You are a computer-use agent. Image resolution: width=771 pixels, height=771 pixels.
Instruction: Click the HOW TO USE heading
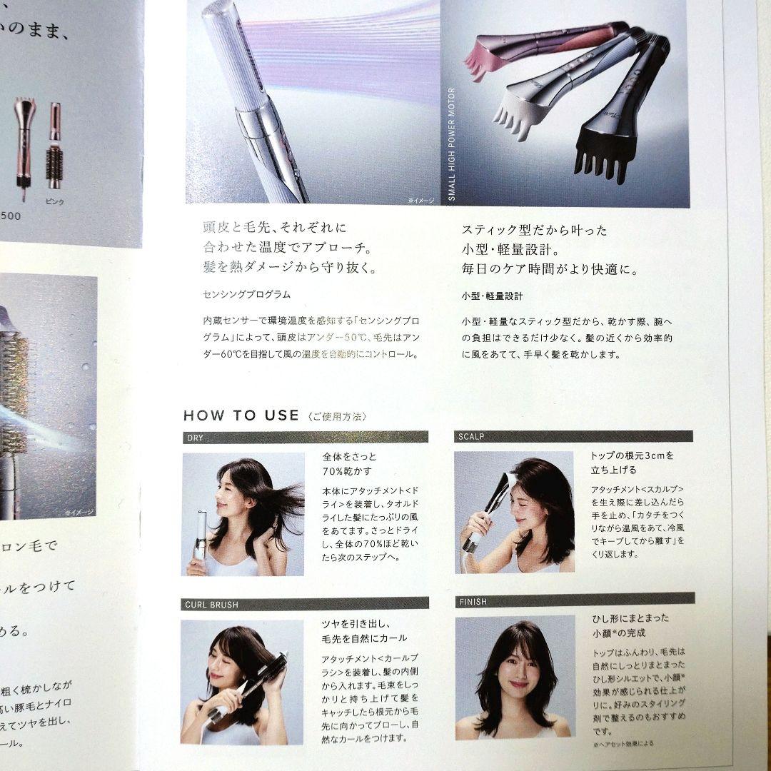pos(241,415)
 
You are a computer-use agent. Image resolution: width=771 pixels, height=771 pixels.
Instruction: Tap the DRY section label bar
pos(305,437)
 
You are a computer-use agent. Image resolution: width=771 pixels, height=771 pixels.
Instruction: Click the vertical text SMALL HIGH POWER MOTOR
pos(451,143)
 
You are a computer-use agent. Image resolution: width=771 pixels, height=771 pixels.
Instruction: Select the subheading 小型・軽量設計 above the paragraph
pos(492,295)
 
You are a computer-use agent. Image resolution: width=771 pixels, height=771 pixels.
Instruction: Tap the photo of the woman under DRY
pos(243,513)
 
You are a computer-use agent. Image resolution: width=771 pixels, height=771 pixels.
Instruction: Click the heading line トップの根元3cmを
pos(631,454)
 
